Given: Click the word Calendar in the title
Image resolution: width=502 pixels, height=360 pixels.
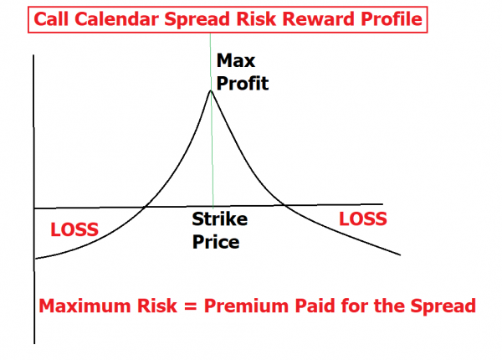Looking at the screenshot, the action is [x=117, y=19].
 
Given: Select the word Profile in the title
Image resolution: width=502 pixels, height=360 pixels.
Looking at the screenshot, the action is [x=392, y=19].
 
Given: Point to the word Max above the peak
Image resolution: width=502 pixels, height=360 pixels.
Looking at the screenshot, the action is [x=236, y=60].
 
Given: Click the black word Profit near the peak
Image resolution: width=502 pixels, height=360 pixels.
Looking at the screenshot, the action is [x=243, y=83].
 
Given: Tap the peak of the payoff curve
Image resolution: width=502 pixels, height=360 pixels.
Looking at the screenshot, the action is [x=211, y=91].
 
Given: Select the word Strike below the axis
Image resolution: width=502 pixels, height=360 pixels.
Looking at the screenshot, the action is [x=219, y=219].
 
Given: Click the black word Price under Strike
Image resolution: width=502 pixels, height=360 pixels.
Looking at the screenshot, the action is [x=216, y=242].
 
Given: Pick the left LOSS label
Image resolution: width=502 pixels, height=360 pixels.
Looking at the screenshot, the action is [x=74, y=229].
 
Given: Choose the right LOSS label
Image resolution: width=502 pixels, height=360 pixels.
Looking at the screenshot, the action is [x=363, y=219].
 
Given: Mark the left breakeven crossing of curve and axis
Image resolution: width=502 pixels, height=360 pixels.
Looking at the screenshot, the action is [x=145, y=208].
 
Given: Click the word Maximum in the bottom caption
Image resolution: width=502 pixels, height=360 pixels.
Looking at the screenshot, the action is [x=85, y=306].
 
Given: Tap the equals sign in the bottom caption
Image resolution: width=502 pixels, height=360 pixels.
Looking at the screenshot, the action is [x=191, y=306].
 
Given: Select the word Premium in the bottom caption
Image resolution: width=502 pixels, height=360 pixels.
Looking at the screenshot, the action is [x=247, y=306].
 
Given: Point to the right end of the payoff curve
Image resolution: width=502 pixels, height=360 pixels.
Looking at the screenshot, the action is [x=400, y=255].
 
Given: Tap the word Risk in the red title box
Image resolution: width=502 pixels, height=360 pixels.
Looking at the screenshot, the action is [x=257, y=19].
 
